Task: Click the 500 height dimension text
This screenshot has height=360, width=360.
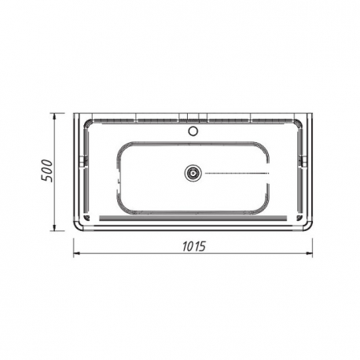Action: [x=47, y=171]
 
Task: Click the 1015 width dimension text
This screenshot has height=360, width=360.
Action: [x=194, y=247]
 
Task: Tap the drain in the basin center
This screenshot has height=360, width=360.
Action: [x=193, y=173]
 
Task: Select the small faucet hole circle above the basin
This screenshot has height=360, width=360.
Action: [x=193, y=130]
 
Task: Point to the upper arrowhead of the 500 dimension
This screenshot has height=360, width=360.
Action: [x=54, y=116]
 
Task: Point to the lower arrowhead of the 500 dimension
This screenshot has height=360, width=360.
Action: [x=54, y=227]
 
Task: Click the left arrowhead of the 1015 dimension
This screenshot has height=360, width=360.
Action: [x=77, y=253]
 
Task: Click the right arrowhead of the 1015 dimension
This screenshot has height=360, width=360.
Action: [x=309, y=253]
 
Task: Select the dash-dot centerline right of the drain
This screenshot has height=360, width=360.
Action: [x=237, y=173]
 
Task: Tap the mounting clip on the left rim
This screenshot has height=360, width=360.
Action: [x=84, y=161]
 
